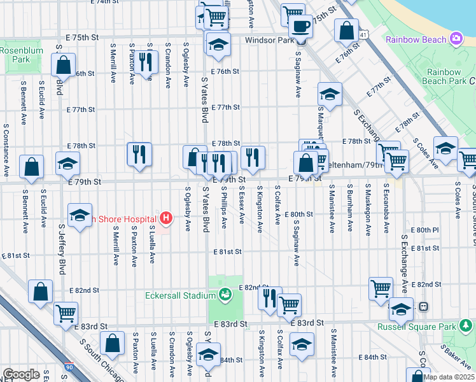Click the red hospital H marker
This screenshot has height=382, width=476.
[166, 219]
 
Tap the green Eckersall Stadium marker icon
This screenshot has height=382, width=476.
[224, 295]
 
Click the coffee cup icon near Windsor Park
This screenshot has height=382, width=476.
[300, 27]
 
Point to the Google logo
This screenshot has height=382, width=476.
[21, 374]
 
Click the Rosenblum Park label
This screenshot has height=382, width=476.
[15, 55]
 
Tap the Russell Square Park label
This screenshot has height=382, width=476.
[407, 327]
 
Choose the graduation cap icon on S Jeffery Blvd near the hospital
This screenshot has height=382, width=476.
[80, 216]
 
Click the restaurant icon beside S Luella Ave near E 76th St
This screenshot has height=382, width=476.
[147, 62]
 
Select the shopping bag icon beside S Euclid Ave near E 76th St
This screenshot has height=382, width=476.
[64, 64]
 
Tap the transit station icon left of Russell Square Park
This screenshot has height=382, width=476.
[423, 307]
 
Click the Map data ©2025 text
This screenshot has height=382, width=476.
[448, 377]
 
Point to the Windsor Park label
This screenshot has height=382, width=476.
[269, 40]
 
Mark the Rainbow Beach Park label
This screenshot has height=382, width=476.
[444, 76]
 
